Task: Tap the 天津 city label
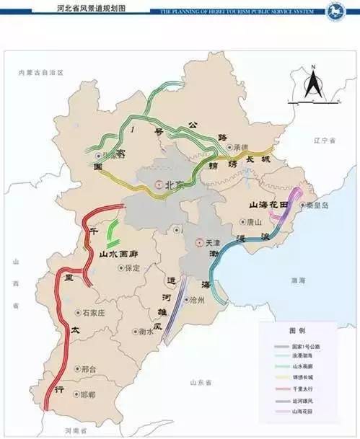coord(212,244)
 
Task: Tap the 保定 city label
coord(132,267)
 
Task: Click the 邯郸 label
coord(88,395)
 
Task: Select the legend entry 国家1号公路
coord(306,346)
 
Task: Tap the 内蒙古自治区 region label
coord(41,73)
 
